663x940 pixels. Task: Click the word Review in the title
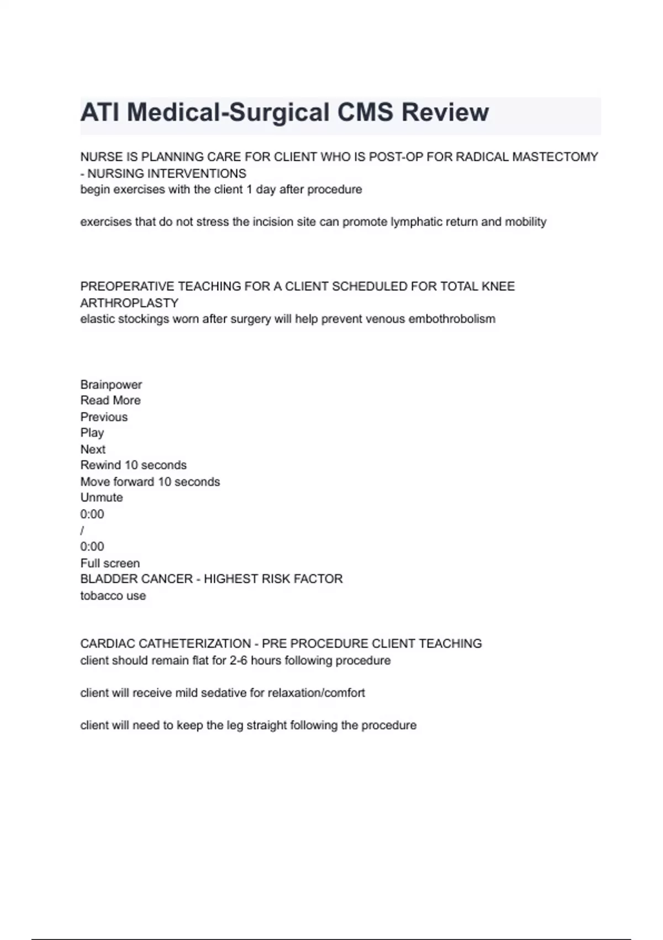445,112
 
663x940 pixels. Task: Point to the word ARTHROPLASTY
129,303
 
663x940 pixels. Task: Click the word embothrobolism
451,319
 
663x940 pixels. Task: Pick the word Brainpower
111,384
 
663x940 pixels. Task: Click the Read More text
110,400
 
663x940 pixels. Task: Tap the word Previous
104,417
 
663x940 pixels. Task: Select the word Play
92,433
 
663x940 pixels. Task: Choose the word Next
93,449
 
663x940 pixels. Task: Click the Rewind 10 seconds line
133,465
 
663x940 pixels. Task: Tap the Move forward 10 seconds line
150,482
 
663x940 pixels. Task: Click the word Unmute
102,498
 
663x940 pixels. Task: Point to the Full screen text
110,563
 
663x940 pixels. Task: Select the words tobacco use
113,596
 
